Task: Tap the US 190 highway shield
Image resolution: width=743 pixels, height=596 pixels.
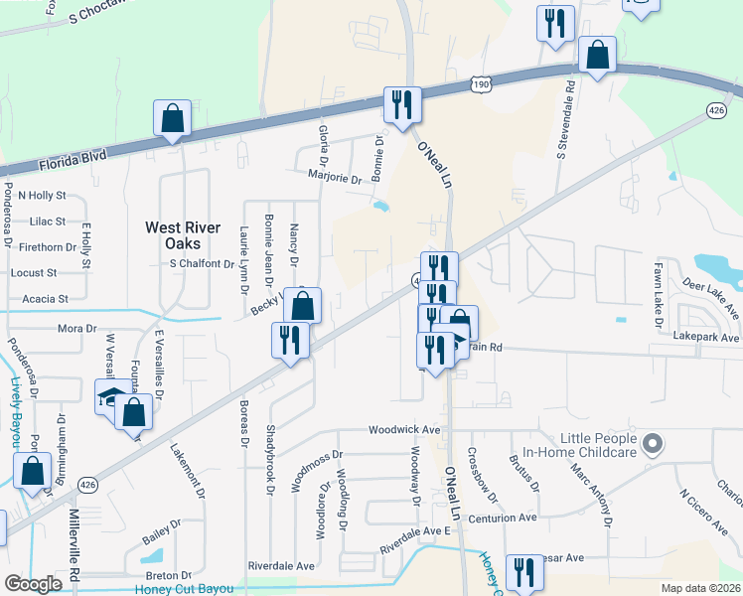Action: pos(481,85)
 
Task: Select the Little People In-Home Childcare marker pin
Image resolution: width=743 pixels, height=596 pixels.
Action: pos(653,443)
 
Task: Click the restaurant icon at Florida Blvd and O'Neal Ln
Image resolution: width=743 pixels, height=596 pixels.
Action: pos(402,105)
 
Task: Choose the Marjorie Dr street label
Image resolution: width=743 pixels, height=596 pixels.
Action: pos(335,179)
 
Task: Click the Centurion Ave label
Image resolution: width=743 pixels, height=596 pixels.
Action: pos(502,518)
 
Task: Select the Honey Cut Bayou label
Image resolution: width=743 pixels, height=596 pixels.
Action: pos(183,589)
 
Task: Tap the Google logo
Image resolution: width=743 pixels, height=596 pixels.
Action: pos(33,584)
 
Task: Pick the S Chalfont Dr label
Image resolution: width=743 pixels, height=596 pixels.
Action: pos(202,264)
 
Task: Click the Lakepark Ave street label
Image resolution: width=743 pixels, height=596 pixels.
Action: pos(706,338)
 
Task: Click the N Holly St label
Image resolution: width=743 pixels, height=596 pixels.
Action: pos(36,196)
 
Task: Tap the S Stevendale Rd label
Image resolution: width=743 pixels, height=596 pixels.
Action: pos(564,120)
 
